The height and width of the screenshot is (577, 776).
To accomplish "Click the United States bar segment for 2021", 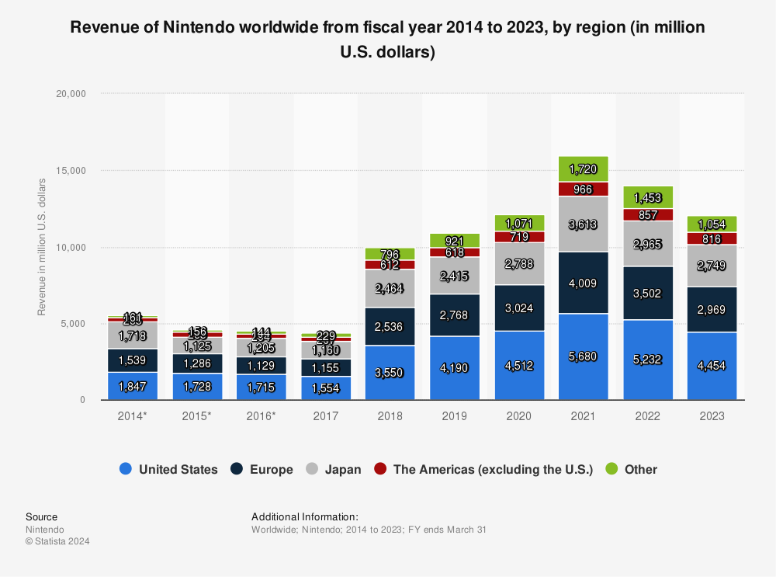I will pos(578,357).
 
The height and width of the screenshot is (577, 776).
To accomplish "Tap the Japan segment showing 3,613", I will pos(578,224).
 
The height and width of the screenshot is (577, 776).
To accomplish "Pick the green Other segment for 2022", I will pos(643,197).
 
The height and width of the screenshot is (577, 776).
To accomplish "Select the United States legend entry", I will pos(178,469).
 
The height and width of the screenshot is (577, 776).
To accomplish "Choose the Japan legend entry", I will pos(342,469).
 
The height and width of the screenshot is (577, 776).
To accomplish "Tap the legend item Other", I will pos(640,469).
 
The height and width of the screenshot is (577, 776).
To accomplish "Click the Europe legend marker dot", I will pos(236,469).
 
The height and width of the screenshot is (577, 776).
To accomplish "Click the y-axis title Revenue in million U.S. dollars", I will pos(43,247).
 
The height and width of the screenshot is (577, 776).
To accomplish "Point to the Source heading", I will pos(41,516).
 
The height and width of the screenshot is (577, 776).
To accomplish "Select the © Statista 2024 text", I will pos(57,541).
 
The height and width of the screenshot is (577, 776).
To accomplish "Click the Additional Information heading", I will pos(305,516).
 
